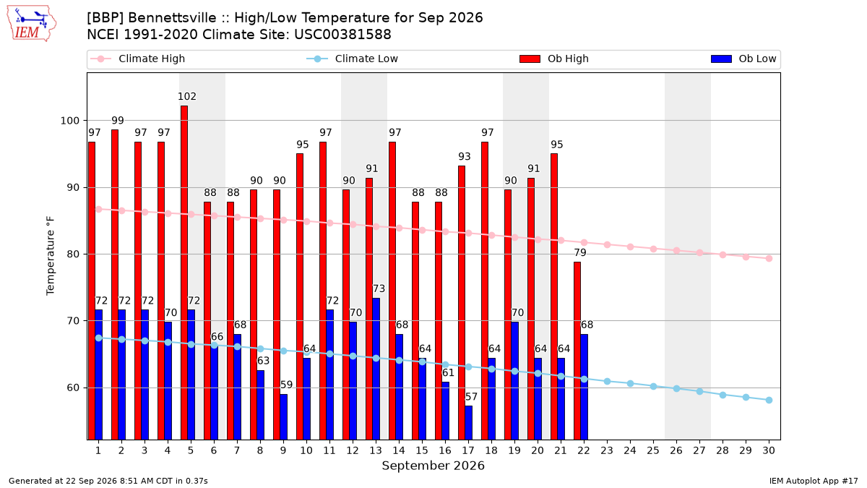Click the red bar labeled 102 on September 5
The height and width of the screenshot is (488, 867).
point(184,273)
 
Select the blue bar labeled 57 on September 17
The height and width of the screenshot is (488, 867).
point(469,422)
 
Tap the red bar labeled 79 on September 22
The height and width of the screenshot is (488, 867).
point(577,351)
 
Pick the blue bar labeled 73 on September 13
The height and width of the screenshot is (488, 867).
point(376,369)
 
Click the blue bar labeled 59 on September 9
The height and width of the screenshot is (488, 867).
point(284,416)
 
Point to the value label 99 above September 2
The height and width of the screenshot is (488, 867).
point(118,121)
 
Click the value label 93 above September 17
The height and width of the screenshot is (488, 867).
point(465,156)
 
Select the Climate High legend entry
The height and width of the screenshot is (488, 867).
point(138,59)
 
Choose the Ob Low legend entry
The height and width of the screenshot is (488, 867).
point(743,59)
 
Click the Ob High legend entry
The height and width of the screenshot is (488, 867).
point(554,59)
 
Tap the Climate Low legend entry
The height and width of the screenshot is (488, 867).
point(353,59)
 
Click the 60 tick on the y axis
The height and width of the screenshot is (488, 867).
point(73,388)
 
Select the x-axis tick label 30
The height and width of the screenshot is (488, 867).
point(769,450)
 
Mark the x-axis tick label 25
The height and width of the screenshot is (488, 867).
point(653,450)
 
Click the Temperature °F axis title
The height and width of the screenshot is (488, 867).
point(51,256)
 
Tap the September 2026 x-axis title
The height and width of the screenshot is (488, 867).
point(433,466)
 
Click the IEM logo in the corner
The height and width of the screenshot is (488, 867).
point(32,24)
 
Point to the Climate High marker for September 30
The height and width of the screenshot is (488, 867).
point(769,258)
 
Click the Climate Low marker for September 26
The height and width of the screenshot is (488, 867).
point(676,388)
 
